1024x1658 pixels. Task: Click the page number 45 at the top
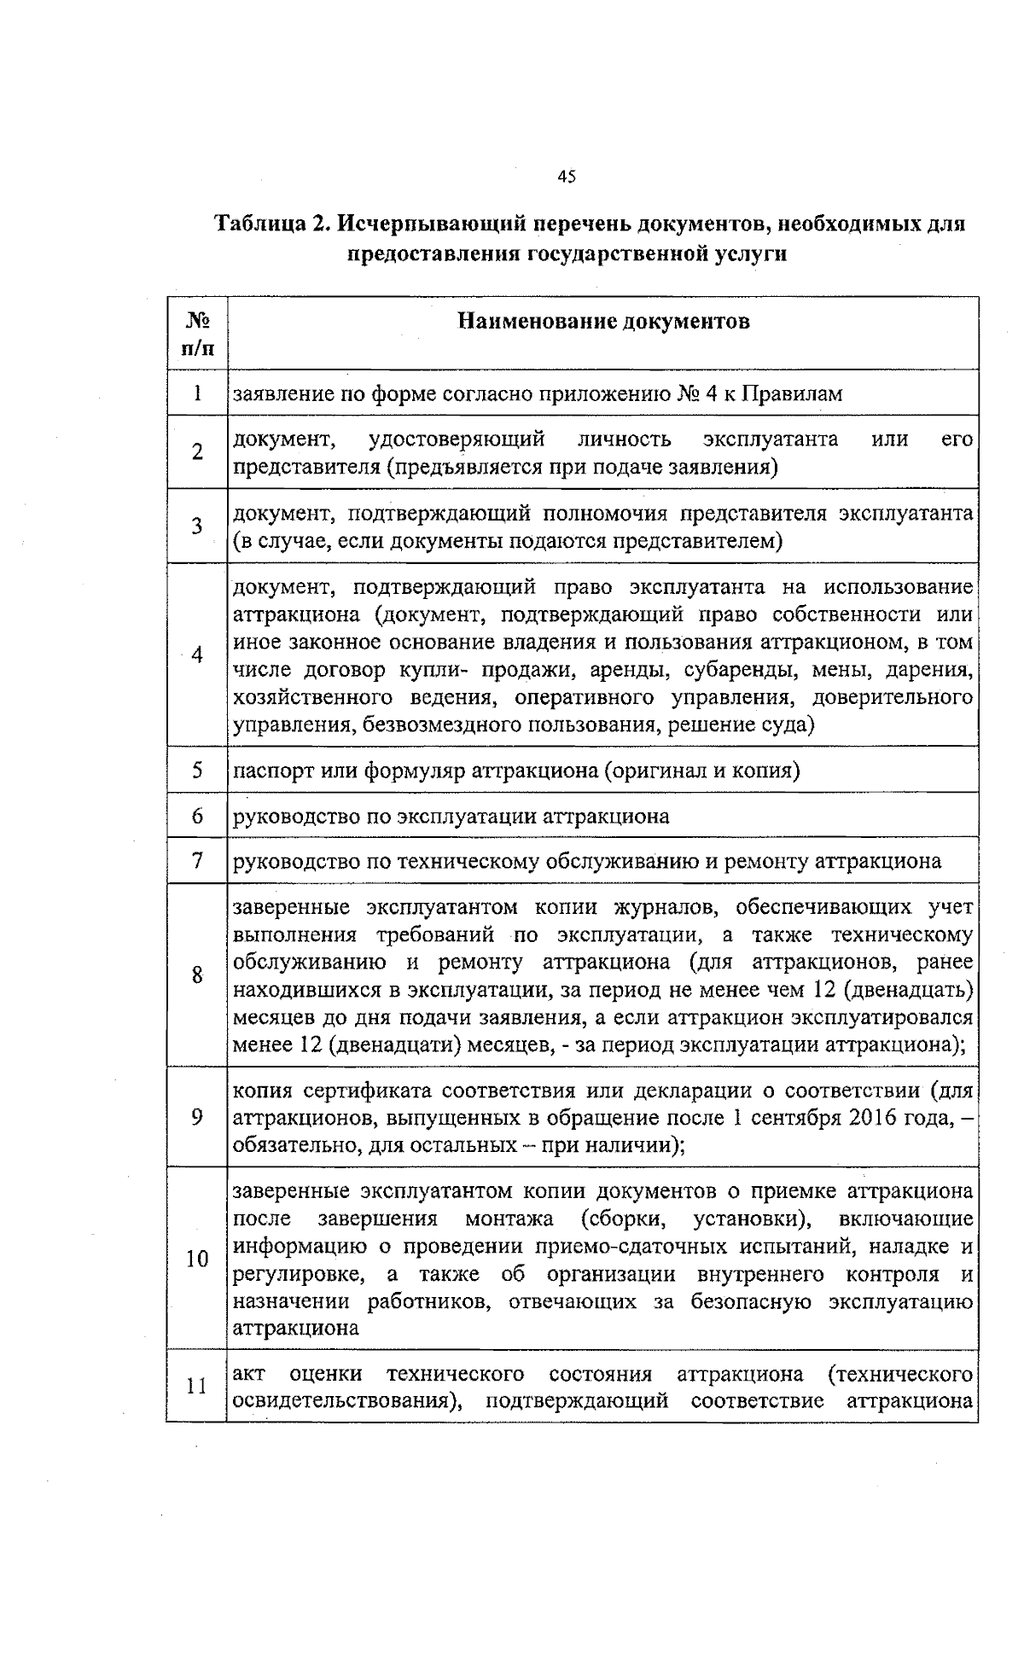point(567,177)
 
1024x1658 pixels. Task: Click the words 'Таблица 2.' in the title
point(271,224)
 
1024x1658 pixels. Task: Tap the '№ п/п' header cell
point(197,333)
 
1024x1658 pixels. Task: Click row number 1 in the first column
point(197,393)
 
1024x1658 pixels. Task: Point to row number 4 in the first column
point(197,654)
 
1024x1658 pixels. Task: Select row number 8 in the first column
point(197,974)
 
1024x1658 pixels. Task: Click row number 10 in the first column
point(197,1259)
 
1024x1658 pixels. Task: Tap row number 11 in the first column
point(197,1386)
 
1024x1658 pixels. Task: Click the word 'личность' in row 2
point(624,439)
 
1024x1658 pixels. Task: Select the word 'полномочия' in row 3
point(605,514)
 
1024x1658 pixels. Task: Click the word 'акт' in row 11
point(248,1374)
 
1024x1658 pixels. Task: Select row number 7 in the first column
point(197,861)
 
